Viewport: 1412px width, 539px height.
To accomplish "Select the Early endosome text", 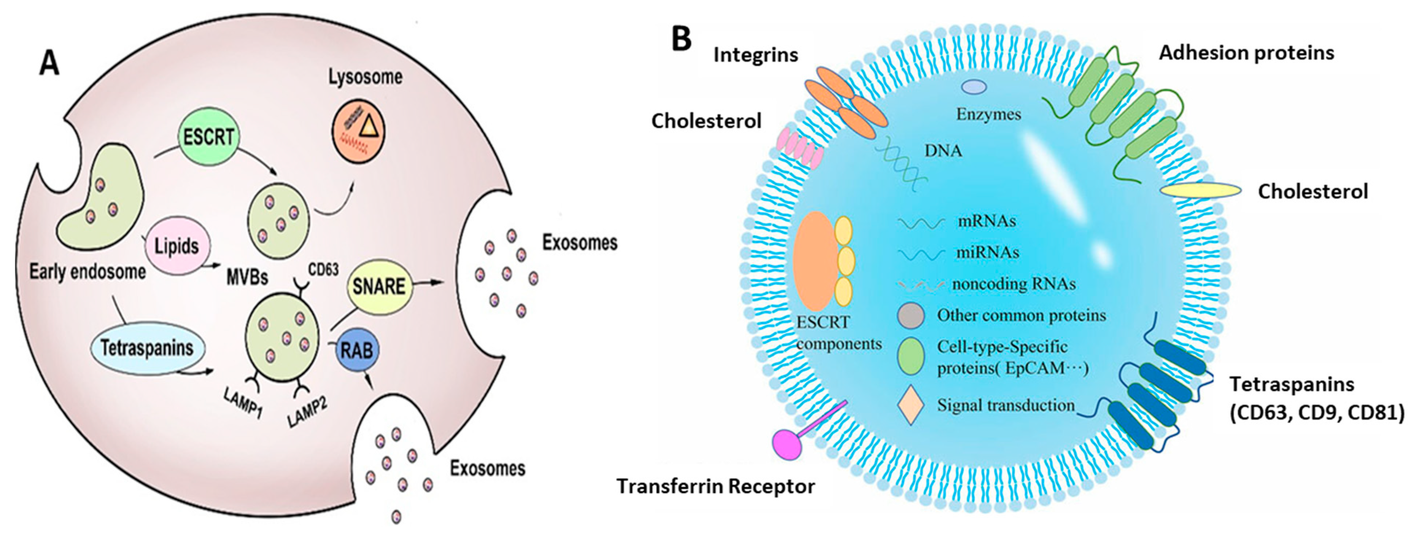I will [x=88, y=272].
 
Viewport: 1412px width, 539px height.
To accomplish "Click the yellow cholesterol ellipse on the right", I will [x=1200, y=190].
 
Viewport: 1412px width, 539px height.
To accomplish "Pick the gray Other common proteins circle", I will [x=911, y=316].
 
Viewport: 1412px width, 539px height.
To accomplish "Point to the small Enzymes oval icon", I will [x=975, y=86].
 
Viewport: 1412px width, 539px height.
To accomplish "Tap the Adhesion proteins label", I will [x=1246, y=53].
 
